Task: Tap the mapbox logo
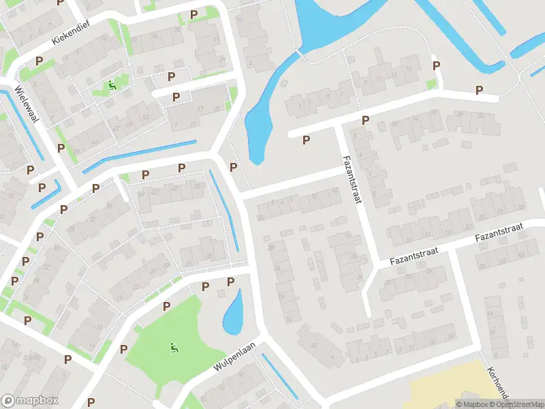click(x=30, y=401)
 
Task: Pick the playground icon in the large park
click(x=174, y=347)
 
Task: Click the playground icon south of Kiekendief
click(x=112, y=86)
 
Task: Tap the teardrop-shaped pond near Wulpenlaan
click(x=232, y=314)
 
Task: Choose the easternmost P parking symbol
click(x=479, y=90)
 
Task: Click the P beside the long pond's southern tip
click(x=234, y=168)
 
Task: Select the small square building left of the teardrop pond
click(x=221, y=293)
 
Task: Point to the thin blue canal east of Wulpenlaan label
click(x=279, y=376)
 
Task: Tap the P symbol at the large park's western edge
click(x=123, y=349)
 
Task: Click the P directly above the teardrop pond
click(x=230, y=282)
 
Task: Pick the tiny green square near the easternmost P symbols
click(x=431, y=84)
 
